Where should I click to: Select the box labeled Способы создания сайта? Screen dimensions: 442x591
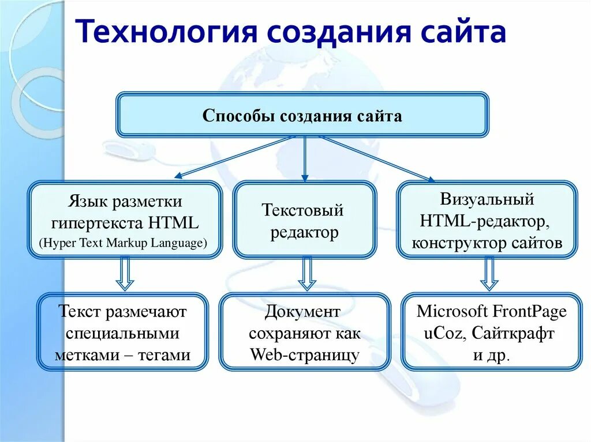coord(302,115)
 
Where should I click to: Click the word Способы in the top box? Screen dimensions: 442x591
coord(238,116)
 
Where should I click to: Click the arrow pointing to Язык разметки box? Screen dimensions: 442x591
coord(234,156)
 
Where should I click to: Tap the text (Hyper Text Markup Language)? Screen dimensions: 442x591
coord(123,243)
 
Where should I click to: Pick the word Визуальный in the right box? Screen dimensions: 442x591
coord(487,200)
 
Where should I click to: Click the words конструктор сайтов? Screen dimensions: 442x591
coord(487,243)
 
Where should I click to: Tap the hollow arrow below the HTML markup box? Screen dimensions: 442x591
coord(125,273)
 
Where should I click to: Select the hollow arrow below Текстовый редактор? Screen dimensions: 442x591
coord(307,273)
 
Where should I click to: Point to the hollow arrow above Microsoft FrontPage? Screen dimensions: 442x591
coord(489,273)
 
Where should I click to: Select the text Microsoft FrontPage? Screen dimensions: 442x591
coord(492,312)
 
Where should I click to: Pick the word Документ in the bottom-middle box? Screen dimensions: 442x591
coord(303,312)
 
